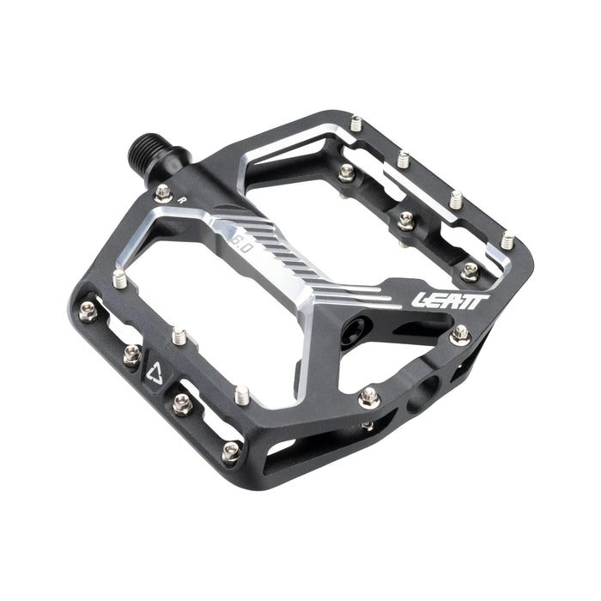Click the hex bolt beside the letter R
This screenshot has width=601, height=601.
[x=163, y=192]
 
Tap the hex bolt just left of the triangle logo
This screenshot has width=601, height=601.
[x=131, y=354]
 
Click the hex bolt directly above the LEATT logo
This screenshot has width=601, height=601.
[x=469, y=271]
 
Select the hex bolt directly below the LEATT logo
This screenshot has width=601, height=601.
[x=460, y=334]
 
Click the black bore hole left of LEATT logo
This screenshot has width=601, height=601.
[x=355, y=330]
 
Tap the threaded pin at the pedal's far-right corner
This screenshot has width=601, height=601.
[x=507, y=240]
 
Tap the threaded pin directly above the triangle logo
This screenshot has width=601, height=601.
[x=179, y=336]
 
